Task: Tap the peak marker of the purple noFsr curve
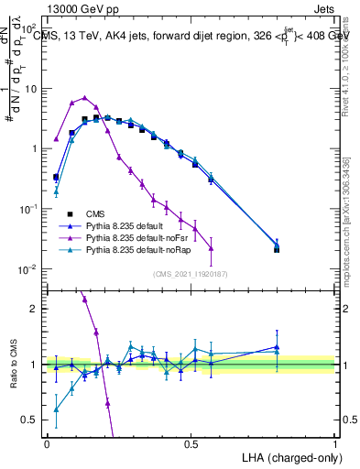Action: click(x=84, y=97)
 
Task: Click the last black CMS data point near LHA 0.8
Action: click(x=278, y=249)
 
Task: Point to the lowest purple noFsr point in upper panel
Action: click(x=212, y=248)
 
